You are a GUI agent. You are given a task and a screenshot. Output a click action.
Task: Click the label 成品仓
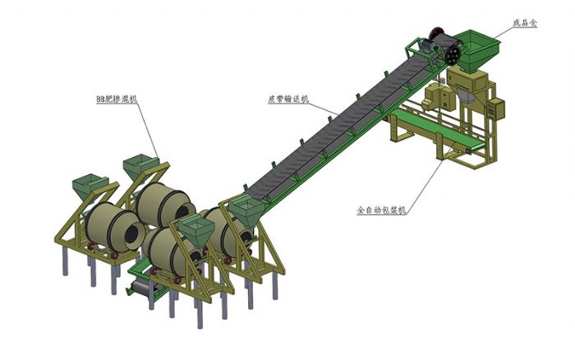[524, 23]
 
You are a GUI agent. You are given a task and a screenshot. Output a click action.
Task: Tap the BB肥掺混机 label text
[117, 99]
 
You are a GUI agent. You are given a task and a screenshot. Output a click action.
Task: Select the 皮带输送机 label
[288, 99]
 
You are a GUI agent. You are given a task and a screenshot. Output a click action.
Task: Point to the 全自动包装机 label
[381, 210]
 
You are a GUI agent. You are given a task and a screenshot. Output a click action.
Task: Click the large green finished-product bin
[476, 49]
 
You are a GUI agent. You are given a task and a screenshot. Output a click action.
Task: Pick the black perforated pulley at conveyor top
[453, 56]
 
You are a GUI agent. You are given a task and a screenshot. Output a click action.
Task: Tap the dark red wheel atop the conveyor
[435, 33]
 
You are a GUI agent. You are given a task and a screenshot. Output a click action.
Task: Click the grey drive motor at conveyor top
[428, 45]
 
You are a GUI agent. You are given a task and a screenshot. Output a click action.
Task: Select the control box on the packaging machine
[496, 108]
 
